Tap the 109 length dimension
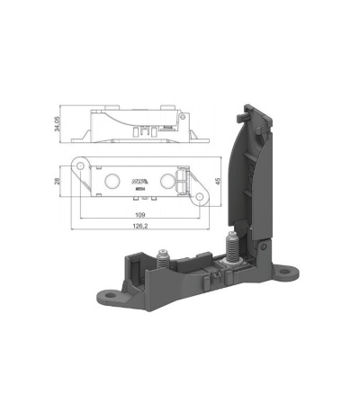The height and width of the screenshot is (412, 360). [139, 215]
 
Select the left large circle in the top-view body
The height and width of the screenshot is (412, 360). [112, 181]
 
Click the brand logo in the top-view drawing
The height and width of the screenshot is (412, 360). [139, 177]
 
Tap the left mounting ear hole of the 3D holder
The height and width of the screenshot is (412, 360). [110, 293]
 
